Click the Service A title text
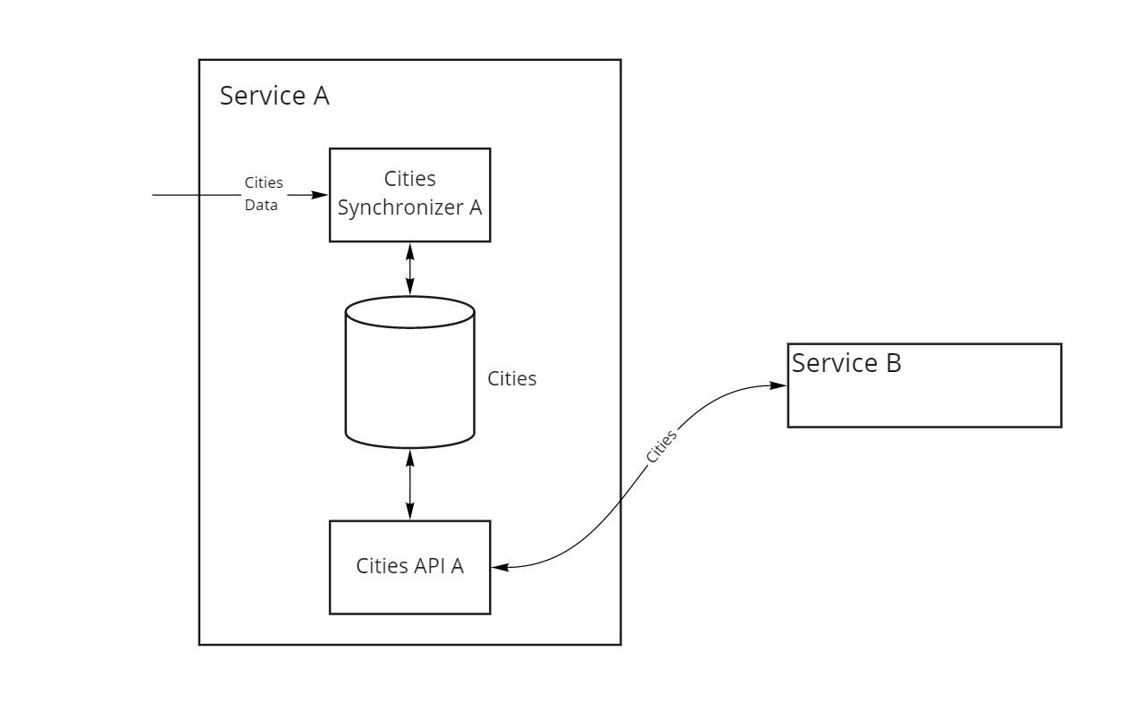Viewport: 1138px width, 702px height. (274, 96)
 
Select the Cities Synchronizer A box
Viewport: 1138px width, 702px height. (409, 195)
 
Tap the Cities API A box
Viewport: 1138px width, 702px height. (409, 567)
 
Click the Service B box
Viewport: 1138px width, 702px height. (923, 385)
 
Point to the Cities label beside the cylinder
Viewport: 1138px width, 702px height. (511, 378)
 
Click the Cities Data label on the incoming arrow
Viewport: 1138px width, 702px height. (264, 193)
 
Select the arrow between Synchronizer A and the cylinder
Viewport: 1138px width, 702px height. (410, 268)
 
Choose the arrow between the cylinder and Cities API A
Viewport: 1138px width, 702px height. (410, 484)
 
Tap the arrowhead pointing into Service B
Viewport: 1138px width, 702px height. (779, 385)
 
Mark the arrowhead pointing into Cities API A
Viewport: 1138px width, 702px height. (499, 567)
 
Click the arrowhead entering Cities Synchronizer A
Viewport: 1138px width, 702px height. (321, 194)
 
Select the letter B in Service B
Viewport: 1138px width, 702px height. (892, 363)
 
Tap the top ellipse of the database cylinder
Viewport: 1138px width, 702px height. (409, 312)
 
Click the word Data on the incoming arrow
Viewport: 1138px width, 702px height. (261, 205)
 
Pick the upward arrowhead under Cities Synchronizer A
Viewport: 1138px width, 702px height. (410, 249)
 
